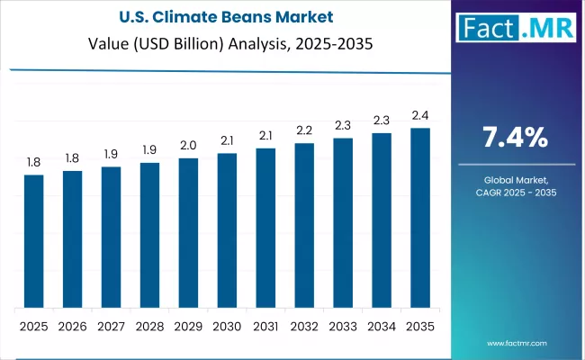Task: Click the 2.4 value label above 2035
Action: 420,115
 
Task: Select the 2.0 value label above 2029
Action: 188,145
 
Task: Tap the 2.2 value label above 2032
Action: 304,130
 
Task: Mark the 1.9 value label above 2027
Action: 111,154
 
